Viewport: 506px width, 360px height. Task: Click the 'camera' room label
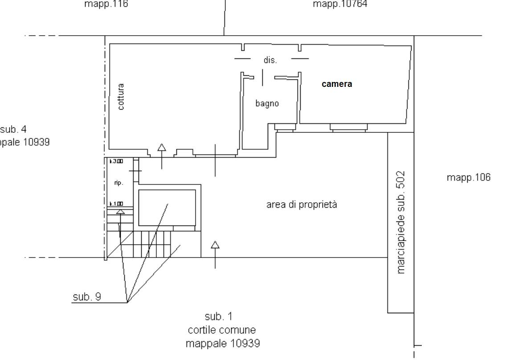337,84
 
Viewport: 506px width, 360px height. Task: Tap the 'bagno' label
267,103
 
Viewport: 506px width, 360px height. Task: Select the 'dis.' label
270,60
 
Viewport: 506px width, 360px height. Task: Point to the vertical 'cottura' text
121,97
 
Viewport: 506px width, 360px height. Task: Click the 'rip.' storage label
118,183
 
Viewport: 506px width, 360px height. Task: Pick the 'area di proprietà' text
302,205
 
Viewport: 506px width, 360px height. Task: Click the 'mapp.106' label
469,177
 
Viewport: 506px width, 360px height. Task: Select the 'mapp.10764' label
340,4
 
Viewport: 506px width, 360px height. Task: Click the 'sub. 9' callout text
86,297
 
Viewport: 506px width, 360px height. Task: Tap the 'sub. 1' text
218,316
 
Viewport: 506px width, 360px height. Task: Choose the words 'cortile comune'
222,330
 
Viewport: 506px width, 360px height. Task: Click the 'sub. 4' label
13,129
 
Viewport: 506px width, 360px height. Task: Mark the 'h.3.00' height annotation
116,161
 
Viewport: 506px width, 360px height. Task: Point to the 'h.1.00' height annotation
116,204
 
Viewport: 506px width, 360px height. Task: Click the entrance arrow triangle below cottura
162,147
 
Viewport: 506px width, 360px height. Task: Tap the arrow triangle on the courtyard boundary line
215,245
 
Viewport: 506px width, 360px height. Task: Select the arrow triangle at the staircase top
120,211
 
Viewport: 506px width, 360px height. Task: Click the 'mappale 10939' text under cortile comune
223,344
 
